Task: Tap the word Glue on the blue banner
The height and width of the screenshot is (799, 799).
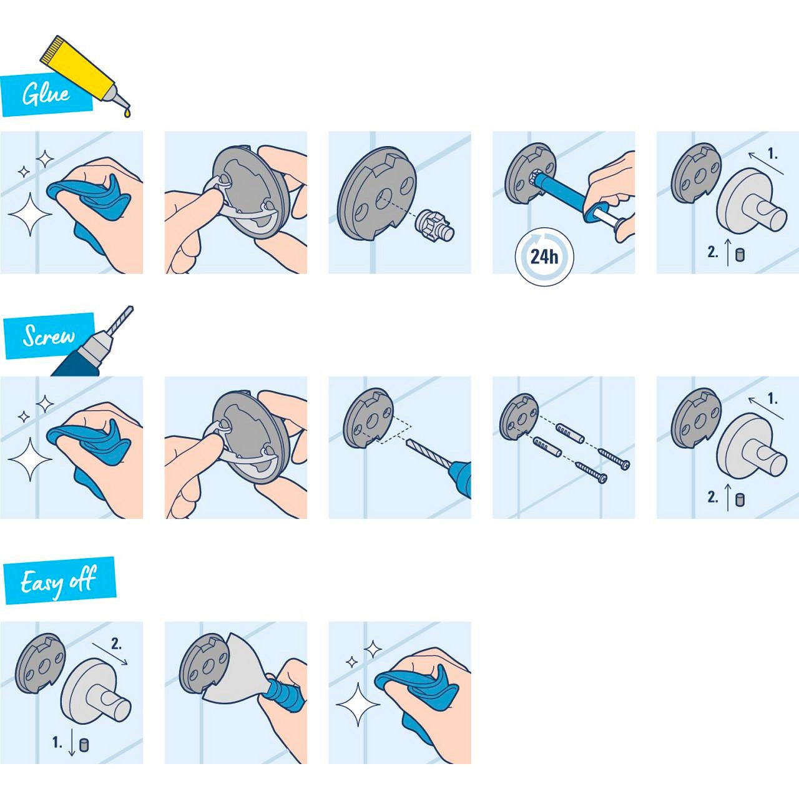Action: [x=46, y=94]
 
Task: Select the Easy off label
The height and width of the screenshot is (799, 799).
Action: [x=59, y=581]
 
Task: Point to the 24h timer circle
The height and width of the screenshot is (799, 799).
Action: [x=544, y=257]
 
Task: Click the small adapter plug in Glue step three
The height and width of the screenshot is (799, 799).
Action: [x=435, y=225]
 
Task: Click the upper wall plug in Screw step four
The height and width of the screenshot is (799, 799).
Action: [x=569, y=432]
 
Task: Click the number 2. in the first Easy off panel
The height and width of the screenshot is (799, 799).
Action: [x=116, y=644]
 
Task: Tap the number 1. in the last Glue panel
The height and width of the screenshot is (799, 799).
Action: [x=772, y=154]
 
